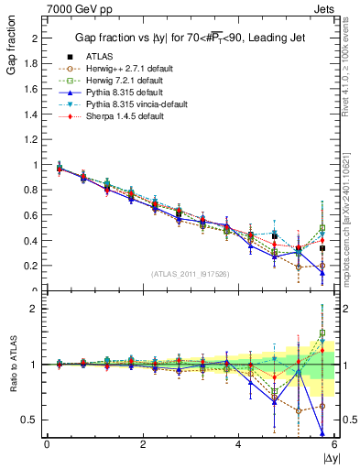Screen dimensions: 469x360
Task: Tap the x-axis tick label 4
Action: click(x=238, y=445)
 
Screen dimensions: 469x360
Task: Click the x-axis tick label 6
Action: click(x=333, y=445)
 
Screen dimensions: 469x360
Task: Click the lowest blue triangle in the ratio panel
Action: click(x=322, y=432)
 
